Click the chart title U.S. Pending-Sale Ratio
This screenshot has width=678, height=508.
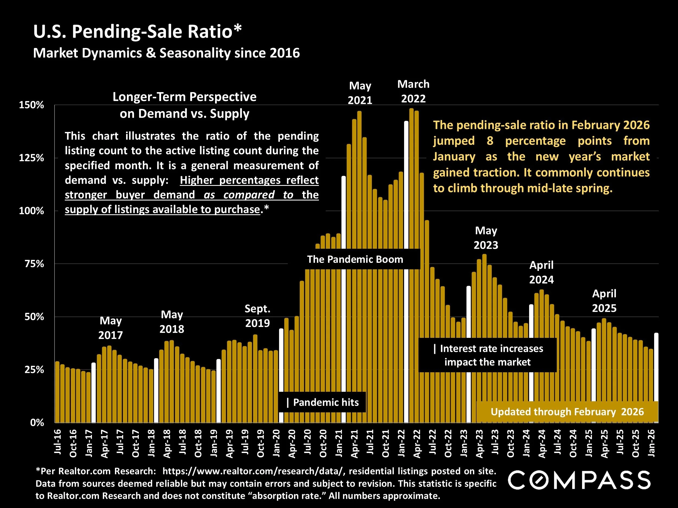pyautogui.click(x=137, y=31)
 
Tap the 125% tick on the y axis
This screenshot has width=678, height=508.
pyautogui.click(x=31, y=158)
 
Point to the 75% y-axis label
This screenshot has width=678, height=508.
pyautogui.click(x=34, y=264)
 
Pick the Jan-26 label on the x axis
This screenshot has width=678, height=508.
pyautogui.click(x=651, y=443)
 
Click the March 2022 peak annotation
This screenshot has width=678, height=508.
pyautogui.click(x=413, y=91)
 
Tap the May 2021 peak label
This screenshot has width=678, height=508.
pyautogui.click(x=360, y=93)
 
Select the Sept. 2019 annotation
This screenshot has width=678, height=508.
pyautogui.click(x=257, y=316)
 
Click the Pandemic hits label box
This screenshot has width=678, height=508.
pyautogui.click(x=322, y=402)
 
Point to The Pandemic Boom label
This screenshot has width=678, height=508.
pyautogui.click(x=355, y=259)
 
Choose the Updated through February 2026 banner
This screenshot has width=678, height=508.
pyautogui.click(x=567, y=412)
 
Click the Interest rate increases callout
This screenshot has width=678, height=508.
pyautogui.click(x=488, y=355)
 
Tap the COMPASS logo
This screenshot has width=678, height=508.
pyautogui.click(x=579, y=480)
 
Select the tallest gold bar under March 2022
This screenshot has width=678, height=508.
pyautogui.click(x=411, y=265)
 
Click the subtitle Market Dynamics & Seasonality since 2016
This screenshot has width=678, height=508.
pyautogui.click(x=167, y=53)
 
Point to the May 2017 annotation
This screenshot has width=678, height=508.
pyautogui.click(x=110, y=328)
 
